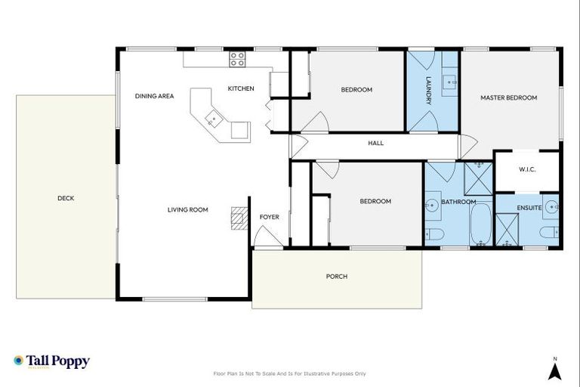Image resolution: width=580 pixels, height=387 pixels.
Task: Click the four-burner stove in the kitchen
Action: pos(237,59)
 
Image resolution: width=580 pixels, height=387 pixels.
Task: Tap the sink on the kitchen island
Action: pos(214,117)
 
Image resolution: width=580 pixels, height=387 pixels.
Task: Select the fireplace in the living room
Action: pos(239,218)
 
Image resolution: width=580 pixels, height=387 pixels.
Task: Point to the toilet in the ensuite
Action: pos(549,232)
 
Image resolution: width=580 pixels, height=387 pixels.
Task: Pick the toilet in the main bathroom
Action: pos(433,234)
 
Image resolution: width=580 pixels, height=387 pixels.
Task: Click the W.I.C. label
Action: pos(527,169)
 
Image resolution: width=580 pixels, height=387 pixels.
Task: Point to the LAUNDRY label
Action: pos(428,90)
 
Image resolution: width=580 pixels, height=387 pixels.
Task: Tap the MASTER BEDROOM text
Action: pos(508,98)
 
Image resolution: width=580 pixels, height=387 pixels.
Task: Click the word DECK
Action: pos(66,199)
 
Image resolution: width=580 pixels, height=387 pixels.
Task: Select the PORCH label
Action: pos(336,277)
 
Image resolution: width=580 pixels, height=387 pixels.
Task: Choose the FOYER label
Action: pos(269,218)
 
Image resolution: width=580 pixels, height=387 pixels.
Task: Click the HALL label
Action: pos(375,143)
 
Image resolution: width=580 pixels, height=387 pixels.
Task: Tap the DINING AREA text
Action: pos(154,96)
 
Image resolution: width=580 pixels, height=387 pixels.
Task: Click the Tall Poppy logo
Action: pos(51,361)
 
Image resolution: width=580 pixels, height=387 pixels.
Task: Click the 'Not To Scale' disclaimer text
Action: pos(290,373)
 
